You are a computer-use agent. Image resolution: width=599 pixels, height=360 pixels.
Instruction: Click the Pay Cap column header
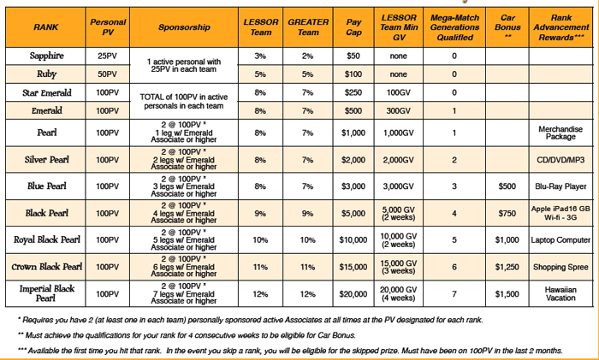pyautogui.click(x=353, y=27)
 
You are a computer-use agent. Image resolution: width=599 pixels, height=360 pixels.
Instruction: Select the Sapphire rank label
pyautogui.click(x=46, y=56)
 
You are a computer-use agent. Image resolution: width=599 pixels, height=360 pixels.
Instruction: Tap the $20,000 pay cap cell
pyautogui.click(x=353, y=294)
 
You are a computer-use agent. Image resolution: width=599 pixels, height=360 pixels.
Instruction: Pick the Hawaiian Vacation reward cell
pyautogui.click(x=560, y=293)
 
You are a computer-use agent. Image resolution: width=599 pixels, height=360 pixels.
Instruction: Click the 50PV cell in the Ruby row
pyautogui.click(x=107, y=74)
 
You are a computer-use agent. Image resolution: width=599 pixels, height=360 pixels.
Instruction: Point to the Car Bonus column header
pyautogui.click(x=507, y=27)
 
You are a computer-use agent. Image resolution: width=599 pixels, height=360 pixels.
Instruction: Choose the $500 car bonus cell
pyautogui.click(x=507, y=186)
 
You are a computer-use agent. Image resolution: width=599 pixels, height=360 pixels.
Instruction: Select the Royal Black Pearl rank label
pyautogui.click(x=46, y=239)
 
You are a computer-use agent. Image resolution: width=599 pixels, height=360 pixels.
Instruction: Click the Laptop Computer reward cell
pyautogui.click(x=560, y=240)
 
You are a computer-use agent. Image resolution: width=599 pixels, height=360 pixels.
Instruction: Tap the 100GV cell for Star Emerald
pyautogui.click(x=399, y=92)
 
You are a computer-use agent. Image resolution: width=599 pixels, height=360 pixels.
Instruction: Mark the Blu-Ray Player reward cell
pyautogui.click(x=560, y=186)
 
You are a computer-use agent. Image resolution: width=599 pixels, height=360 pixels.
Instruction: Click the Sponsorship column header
pyautogui.click(x=184, y=27)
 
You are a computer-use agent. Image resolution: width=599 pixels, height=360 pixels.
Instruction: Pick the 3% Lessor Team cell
pyautogui.click(x=260, y=56)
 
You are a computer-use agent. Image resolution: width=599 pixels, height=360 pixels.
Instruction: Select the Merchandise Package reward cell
pyautogui.click(x=560, y=133)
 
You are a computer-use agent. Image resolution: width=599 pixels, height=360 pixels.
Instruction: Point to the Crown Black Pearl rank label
pyautogui.click(x=46, y=267)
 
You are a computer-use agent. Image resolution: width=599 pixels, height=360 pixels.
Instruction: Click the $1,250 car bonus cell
pyautogui.click(x=507, y=267)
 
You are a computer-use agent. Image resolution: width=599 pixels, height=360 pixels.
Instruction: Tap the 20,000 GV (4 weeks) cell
pyautogui.click(x=399, y=293)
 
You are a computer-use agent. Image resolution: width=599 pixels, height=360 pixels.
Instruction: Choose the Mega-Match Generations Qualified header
pyautogui.click(x=454, y=27)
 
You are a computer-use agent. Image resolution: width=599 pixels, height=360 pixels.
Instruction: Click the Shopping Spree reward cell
pyautogui.click(x=560, y=267)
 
